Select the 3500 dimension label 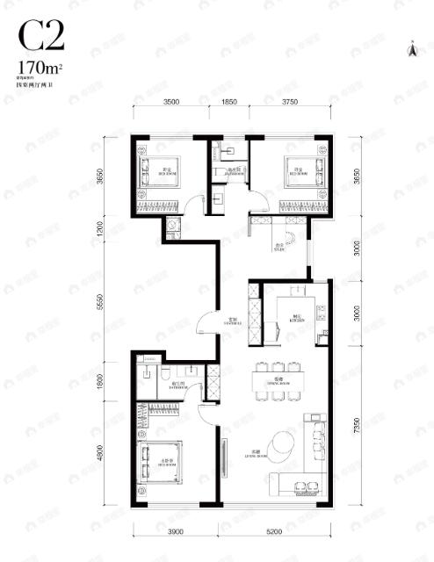point(171,103)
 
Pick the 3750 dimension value point(289,103)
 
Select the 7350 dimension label point(358,427)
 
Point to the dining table point(276,379)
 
